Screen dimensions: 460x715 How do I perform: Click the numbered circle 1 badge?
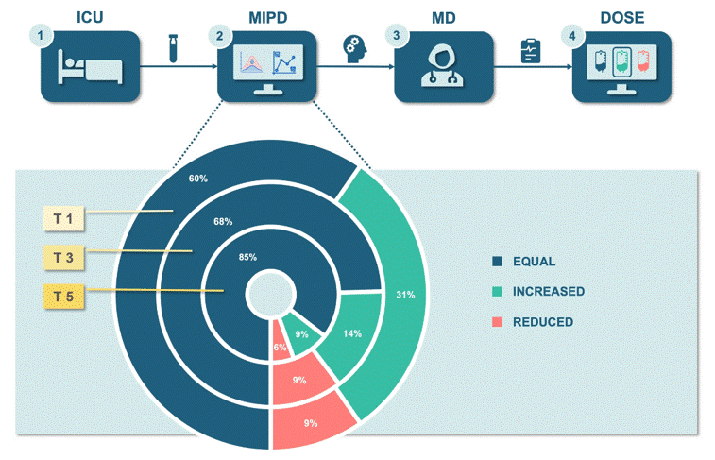(x=42, y=36)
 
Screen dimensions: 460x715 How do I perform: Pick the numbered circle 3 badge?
(x=396, y=36)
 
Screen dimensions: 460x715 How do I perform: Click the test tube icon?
(x=174, y=50)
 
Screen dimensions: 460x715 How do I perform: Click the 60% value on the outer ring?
(x=197, y=179)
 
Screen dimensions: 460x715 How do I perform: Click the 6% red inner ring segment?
(x=280, y=347)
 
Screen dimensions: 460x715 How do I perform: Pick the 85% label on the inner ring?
(x=248, y=257)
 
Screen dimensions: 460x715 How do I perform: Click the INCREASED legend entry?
(x=548, y=291)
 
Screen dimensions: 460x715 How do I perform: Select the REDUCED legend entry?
(x=542, y=322)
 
